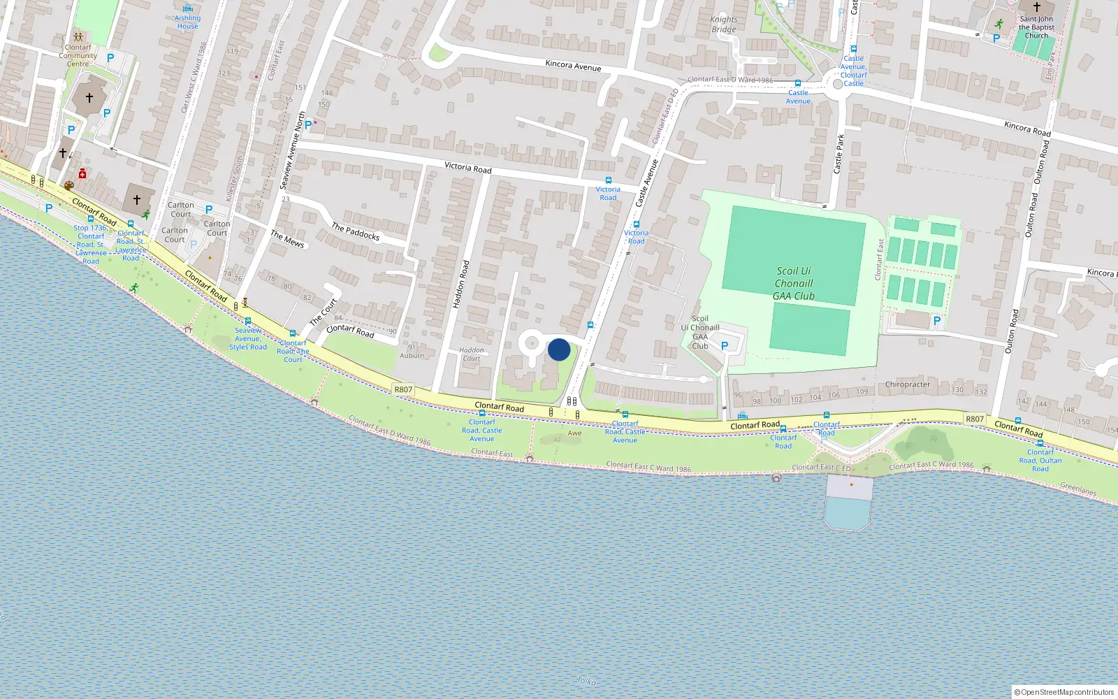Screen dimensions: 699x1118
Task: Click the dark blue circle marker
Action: click(x=559, y=349)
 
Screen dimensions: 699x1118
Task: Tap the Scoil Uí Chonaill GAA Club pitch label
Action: click(x=794, y=283)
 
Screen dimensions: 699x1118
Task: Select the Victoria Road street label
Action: click(x=467, y=168)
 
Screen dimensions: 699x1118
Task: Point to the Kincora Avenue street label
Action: click(x=573, y=66)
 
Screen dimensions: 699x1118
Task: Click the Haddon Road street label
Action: click(x=460, y=284)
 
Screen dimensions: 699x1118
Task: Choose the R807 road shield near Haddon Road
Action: click(x=403, y=389)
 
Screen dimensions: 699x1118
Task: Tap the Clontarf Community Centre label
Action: click(x=78, y=55)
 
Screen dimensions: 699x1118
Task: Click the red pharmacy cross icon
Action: click(x=82, y=173)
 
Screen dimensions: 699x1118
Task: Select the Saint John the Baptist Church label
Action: click(x=1036, y=27)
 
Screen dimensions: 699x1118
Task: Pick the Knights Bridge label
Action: click(x=724, y=24)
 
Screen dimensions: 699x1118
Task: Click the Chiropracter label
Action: click(x=907, y=384)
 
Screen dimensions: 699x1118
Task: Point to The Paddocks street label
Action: click(x=355, y=231)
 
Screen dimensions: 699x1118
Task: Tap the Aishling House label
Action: click(x=187, y=22)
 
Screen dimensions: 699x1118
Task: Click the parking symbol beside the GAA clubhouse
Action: click(x=725, y=346)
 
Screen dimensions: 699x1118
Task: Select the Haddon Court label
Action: click(x=472, y=354)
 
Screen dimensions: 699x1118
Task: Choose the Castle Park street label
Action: click(x=838, y=154)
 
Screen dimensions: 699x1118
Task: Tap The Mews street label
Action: click(x=287, y=239)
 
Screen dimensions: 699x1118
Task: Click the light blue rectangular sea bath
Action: click(x=848, y=514)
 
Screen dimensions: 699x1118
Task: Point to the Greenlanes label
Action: click(x=1077, y=489)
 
